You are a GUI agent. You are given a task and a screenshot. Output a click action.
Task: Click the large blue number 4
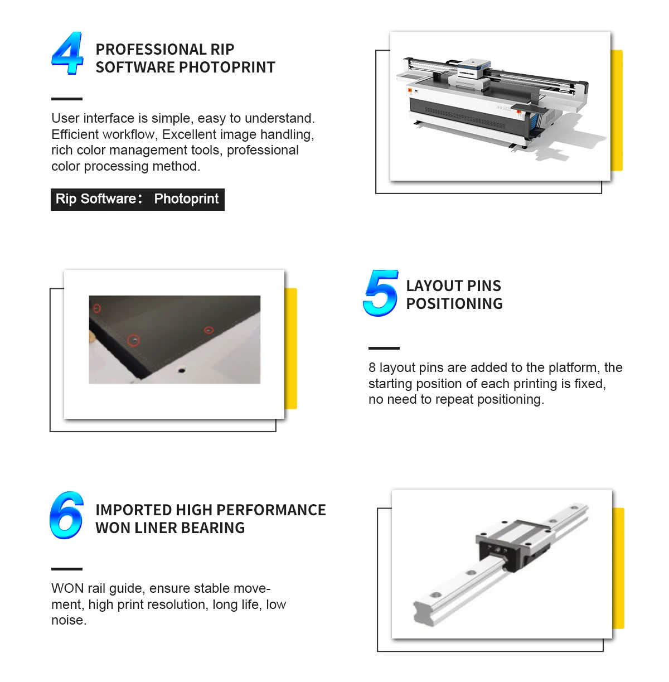click(x=67, y=53)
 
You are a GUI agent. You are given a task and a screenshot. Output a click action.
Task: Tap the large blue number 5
click(x=381, y=293)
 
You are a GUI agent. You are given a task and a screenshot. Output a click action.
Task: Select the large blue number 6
click(x=66, y=515)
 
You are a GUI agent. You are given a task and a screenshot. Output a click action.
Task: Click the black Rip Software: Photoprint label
click(x=137, y=199)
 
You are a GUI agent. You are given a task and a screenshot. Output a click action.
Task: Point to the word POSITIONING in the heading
click(x=454, y=304)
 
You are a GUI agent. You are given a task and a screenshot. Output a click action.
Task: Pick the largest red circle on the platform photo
click(x=133, y=340)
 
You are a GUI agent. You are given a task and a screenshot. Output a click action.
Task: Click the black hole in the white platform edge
click(x=182, y=370)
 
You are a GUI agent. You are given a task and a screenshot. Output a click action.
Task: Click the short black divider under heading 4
click(x=66, y=99)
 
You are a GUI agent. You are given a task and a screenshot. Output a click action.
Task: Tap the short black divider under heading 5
click(x=384, y=349)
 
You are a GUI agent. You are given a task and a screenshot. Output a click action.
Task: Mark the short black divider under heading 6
click(x=66, y=569)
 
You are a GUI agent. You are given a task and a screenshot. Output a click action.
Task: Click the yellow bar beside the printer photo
click(x=617, y=110)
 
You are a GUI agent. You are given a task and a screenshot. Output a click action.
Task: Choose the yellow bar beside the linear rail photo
click(x=618, y=568)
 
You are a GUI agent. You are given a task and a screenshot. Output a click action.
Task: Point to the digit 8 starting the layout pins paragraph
click(x=372, y=367)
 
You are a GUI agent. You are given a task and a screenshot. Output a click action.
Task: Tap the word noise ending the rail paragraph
click(x=69, y=621)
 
